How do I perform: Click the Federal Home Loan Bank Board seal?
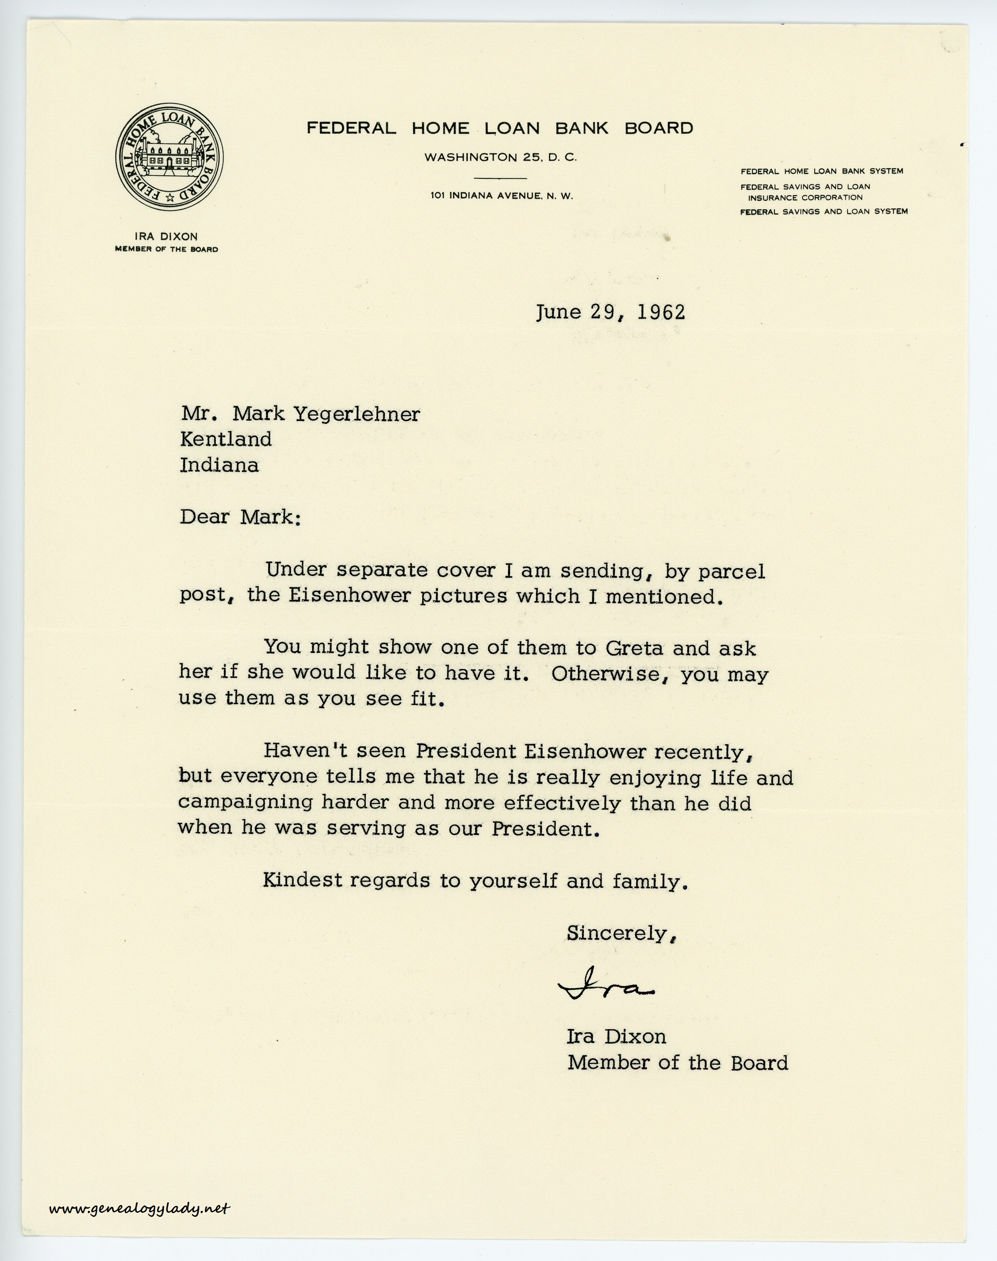169,157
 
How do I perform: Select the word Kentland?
226,440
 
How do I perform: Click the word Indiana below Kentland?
219,465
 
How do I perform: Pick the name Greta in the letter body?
634,648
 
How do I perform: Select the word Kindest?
303,880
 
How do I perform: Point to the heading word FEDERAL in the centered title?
351,128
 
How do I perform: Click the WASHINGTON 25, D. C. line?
500,158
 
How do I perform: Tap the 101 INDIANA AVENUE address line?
501,196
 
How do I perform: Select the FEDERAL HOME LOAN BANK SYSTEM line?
822,172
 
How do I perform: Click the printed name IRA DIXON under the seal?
166,236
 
